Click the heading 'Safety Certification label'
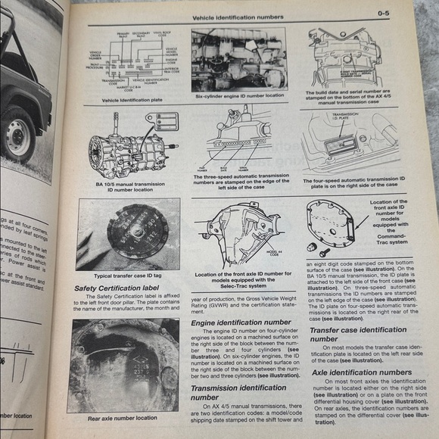pos(118,288)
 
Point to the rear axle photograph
pos(123,365)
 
